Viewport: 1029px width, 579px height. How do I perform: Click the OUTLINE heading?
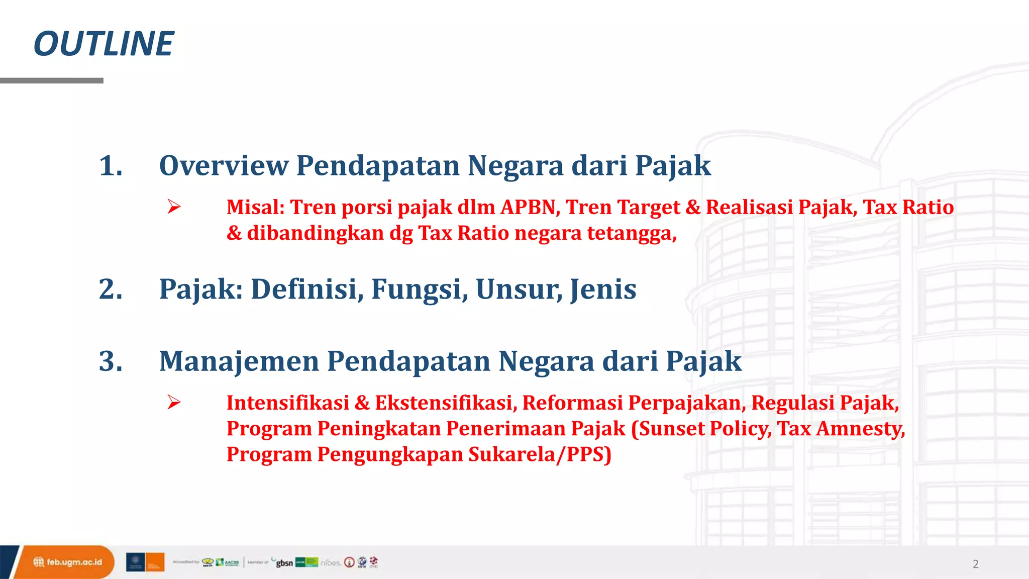click(x=104, y=44)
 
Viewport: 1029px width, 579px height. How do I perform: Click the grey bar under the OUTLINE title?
click(x=52, y=80)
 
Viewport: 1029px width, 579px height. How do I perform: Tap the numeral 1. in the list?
click(x=111, y=166)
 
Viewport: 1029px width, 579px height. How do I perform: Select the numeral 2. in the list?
click(x=111, y=289)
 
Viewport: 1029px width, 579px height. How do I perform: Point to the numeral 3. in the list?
click(x=111, y=361)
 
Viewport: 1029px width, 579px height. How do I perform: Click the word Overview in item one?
click(x=224, y=166)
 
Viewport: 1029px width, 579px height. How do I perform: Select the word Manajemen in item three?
click(x=239, y=361)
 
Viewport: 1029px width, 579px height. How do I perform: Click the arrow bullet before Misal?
click(x=174, y=207)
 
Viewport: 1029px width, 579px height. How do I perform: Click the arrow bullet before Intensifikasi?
click(x=174, y=402)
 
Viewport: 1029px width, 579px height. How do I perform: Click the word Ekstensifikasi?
click(x=446, y=403)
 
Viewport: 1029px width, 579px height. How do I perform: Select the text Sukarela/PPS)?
click(x=540, y=454)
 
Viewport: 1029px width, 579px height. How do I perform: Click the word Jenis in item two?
click(x=603, y=289)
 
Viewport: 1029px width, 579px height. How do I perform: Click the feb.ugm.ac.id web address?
click(x=74, y=562)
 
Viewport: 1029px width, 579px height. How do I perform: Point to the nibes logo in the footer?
click(x=331, y=562)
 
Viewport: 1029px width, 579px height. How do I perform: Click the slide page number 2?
click(x=975, y=564)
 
